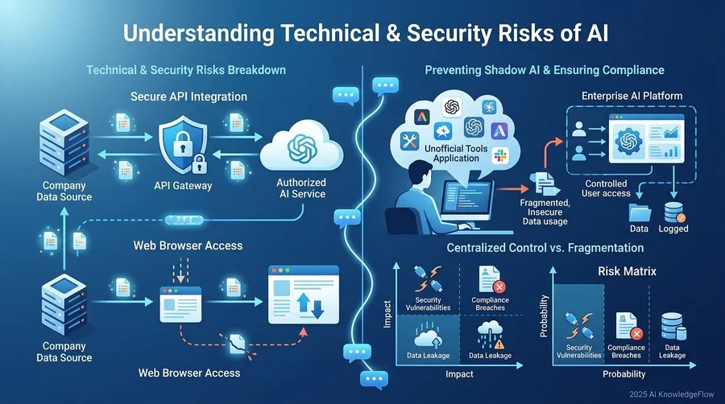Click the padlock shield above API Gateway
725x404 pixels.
[x=183, y=144]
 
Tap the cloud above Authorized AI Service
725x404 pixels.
[x=301, y=146]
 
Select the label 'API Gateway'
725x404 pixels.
[x=183, y=186]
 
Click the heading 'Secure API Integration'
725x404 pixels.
[x=188, y=97]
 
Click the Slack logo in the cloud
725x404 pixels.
[x=499, y=155]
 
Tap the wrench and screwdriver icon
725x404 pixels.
[x=409, y=140]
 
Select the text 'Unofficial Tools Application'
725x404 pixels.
[x=456, y=153]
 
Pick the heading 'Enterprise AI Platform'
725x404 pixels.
[x=632, y=96]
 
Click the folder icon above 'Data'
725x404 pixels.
[x=640, y=212]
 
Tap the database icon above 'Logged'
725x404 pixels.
[x=674, y=212]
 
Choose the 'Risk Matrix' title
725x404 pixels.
[x=627, y=271]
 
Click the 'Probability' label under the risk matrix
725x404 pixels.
[x=623, y=374]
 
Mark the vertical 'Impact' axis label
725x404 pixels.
[x=387, y=315]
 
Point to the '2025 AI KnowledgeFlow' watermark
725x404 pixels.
[x=671, y=394]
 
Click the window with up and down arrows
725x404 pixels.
[x=304, y=295]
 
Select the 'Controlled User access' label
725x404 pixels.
[x=606, y=188]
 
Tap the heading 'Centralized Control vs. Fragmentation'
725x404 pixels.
[x=545, y=248]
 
